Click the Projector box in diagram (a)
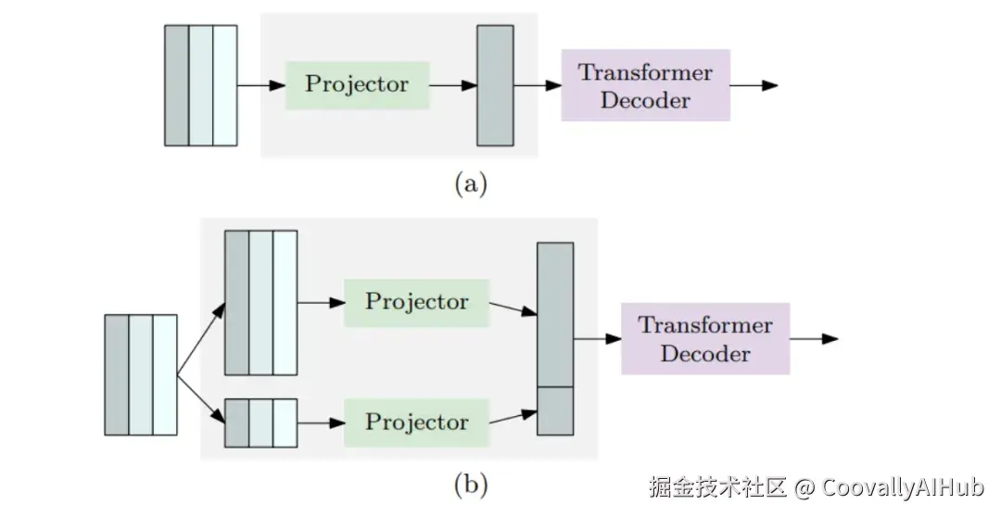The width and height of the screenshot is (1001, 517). click(357, 85)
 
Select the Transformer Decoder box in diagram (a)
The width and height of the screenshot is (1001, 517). click(645, 85)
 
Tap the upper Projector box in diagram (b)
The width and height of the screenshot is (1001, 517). click(416, 301)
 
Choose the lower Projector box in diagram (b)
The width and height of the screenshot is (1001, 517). click(416, 422)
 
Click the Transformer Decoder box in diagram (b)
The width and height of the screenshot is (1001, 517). click(705, 338)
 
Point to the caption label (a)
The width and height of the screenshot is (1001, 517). click(470, 184)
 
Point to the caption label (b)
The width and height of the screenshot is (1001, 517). click(470, 483)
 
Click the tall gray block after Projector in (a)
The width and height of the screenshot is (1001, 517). click(495, 85)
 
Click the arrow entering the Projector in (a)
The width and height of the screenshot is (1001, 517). click(261, 85)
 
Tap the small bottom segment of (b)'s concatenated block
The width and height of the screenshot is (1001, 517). click(555, 410)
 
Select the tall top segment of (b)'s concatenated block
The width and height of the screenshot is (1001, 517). click(555, 314)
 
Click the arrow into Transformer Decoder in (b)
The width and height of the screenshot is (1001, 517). click(597, 338)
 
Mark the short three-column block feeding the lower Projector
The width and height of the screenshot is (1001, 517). click(260, 422)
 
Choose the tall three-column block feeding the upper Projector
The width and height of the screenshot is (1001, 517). click(260, 303)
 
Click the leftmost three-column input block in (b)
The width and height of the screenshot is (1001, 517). click(140, 374)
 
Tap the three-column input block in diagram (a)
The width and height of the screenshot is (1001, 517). click(200, 85)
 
